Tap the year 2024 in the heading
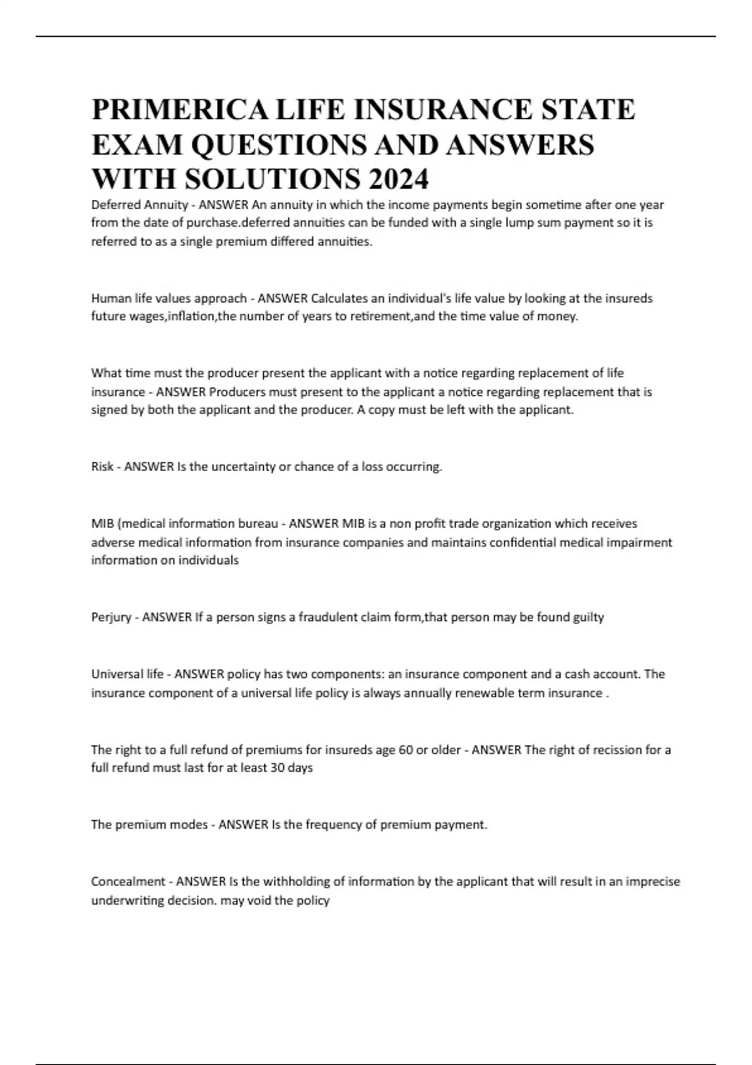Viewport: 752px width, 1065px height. [x=399, y=179]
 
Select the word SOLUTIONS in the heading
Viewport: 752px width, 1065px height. [x=273, y=179]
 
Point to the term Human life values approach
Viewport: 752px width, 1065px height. [x=169, y=298]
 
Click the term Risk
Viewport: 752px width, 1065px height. [x=102, y=467]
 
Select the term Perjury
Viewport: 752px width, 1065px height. [x=111, y=617]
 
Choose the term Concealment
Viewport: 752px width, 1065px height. [x=128, y=881]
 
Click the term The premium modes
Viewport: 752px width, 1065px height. [x=149, y=824]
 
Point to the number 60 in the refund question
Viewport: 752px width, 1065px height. [x=405, y=750]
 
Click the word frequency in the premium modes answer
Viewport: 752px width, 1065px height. [x=333, y=824]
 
